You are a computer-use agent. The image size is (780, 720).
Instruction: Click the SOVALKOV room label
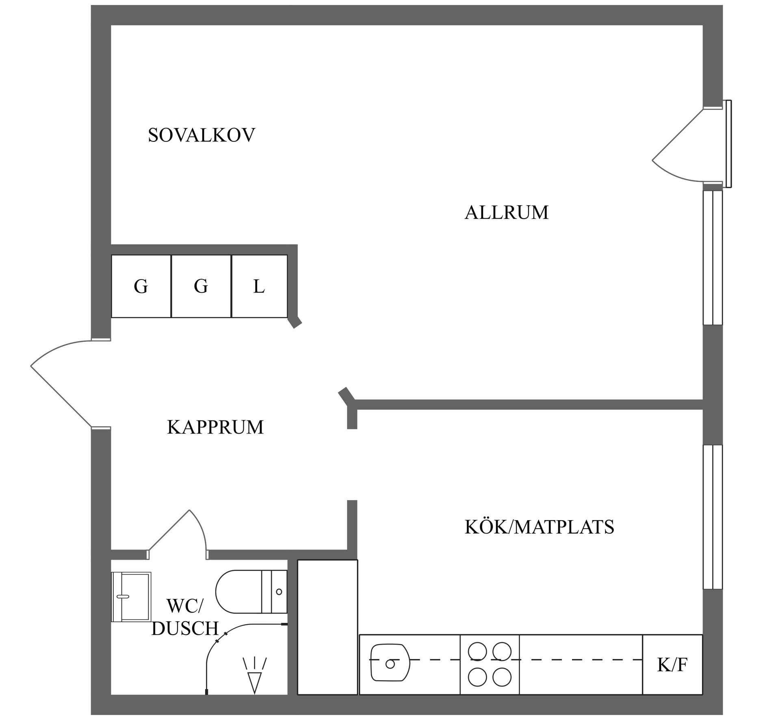point(201,135)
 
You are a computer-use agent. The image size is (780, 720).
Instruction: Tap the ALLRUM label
point(506,213)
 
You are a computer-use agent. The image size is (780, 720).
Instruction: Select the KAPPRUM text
point(215,427)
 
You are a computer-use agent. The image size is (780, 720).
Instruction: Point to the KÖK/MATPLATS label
point(539,527)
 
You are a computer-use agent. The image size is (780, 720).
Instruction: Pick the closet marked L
point(259,286)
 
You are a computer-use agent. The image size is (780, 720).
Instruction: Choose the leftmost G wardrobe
point(141,286)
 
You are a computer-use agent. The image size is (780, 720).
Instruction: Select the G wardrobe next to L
point(201,286)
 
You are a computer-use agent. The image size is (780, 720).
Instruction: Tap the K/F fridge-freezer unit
point(672,665)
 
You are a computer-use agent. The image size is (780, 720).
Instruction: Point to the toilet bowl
point(240,592)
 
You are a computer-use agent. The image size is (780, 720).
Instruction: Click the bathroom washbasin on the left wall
point(131,597)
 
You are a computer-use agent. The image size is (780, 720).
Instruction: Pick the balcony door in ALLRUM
point(687,146)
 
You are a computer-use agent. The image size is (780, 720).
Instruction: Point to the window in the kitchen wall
point(713,517)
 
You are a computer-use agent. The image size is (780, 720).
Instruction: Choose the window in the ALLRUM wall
point(713,258)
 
